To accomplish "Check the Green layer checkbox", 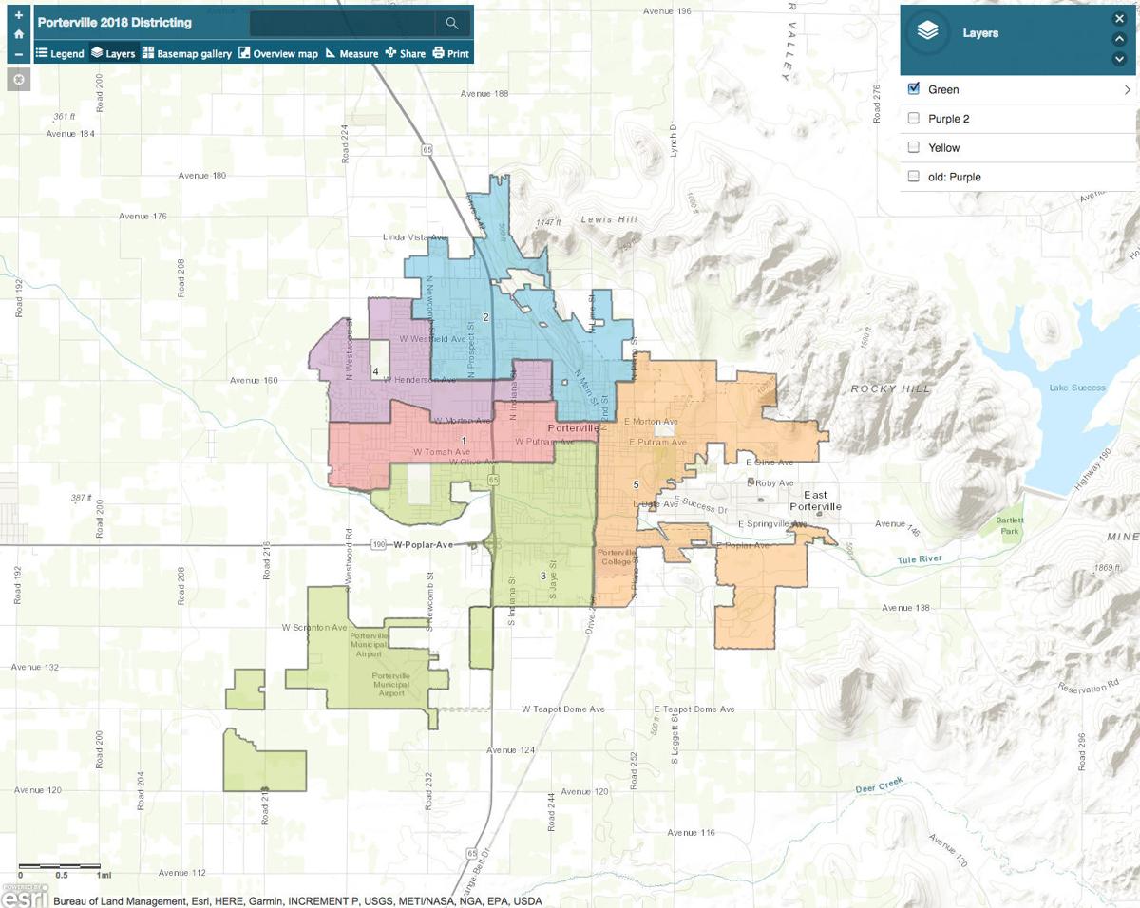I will pos(914,89).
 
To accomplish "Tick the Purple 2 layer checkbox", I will pos(914,119).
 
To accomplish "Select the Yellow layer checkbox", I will pos(914,147).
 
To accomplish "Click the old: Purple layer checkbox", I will pos(914,177).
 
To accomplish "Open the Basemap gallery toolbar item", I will pos(187,53).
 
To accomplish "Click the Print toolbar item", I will pos(451,53).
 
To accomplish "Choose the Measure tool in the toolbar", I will pos(351,53).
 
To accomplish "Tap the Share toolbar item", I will pos(406,53).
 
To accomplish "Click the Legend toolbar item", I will pos(60,53).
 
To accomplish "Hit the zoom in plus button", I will pos(19,15).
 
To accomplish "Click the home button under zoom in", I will pos(19,34).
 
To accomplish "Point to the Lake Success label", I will pos(1076,388).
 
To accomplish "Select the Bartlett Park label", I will pos(1009,526).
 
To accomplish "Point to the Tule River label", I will pos(920,559).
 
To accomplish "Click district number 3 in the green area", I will pos(543,576).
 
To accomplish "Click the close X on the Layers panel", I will pos(1119,18).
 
